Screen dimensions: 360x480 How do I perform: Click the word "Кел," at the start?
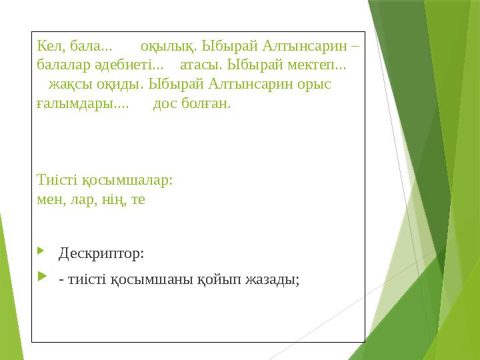coord(50,47)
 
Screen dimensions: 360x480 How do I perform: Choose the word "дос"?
coord(165,105)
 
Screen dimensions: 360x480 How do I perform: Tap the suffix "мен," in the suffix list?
coord(50,199)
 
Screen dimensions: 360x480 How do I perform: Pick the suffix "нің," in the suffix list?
coord(115,199)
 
